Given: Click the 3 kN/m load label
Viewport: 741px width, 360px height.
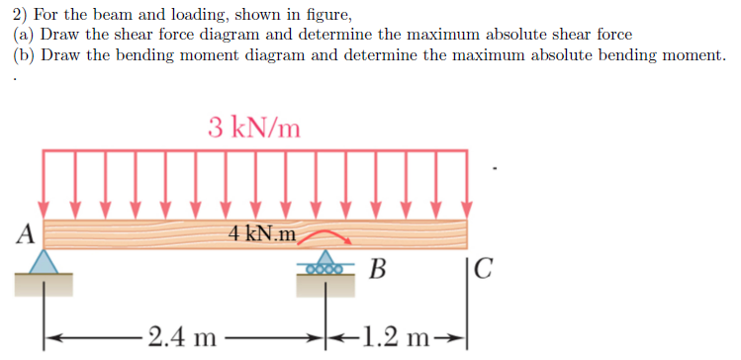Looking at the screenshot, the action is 254,128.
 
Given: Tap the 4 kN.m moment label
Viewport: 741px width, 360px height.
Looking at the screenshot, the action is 261,234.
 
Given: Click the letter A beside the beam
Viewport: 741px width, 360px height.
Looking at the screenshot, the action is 26,233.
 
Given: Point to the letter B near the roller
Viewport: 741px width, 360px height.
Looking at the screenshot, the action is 376,267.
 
